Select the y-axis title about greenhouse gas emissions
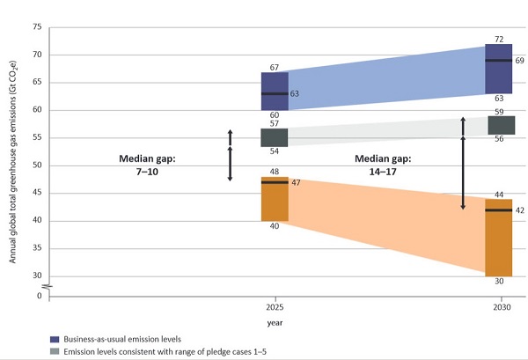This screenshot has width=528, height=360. point(11,162)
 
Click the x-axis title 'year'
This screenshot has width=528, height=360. point(274,323)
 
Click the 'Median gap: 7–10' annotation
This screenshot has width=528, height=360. point(149,166)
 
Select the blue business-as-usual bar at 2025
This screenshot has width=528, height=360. point(274,92)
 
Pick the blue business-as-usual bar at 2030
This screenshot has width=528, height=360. point(501,69)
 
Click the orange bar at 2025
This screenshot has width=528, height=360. point(274,199)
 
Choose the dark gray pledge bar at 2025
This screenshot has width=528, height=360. point(274,138)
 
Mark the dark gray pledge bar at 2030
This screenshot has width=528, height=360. point(501,125)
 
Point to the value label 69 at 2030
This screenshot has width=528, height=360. point(520,61)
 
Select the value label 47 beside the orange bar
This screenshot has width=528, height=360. point(296,182)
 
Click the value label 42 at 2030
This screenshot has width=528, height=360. point(520,210)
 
